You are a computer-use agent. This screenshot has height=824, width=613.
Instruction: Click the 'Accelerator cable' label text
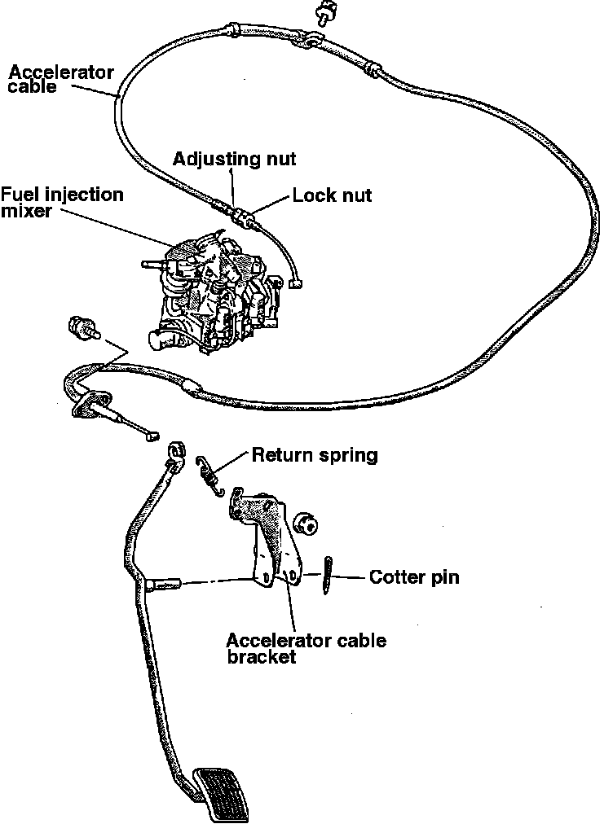coord(61,78)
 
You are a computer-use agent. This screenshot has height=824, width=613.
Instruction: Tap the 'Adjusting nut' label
coord(234,158)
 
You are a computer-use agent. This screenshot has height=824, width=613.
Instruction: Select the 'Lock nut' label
coord(332,195)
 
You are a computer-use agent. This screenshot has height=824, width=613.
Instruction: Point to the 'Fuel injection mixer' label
coord(62,202)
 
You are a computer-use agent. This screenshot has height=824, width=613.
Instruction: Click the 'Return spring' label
coord(315,455)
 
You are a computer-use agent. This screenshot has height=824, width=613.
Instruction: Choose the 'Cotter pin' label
coord(414,578)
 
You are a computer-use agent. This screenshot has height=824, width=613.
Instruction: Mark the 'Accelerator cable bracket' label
coord(306,648)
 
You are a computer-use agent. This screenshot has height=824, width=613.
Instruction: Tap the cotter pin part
coord(328,576)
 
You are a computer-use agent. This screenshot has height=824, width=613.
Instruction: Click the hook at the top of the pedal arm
coord(177,453)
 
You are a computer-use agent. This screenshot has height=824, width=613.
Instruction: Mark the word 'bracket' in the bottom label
coord(261,657)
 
